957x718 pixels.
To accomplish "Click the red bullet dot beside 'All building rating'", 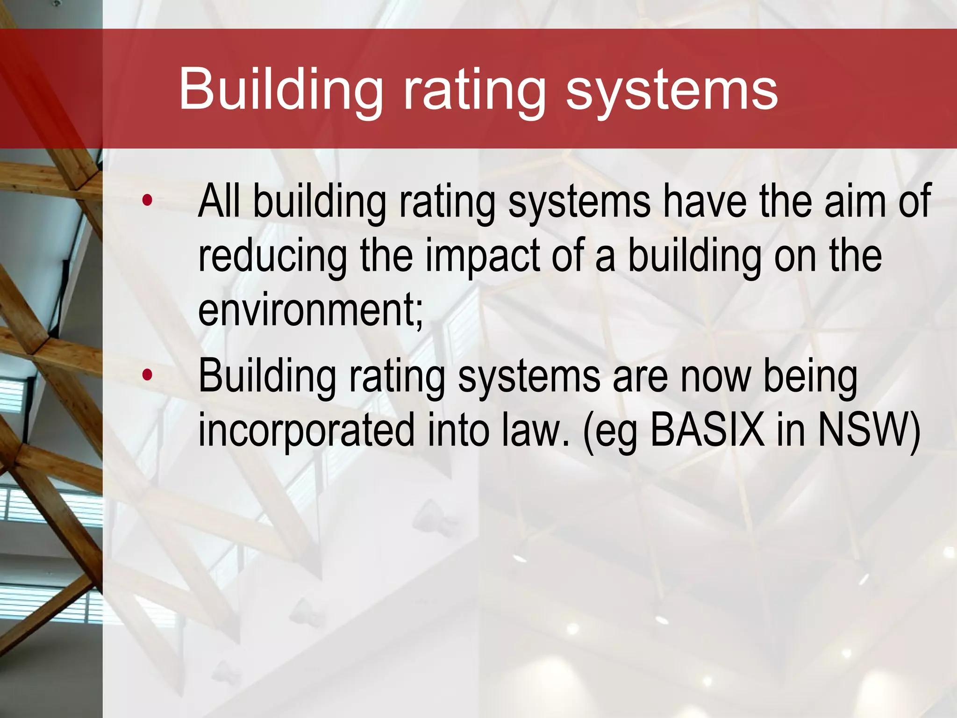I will coord(147,201).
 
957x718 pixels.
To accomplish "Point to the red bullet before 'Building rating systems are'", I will coord(147,374).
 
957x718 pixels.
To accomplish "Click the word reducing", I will coord(272,256).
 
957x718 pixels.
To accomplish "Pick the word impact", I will coord(482,256).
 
